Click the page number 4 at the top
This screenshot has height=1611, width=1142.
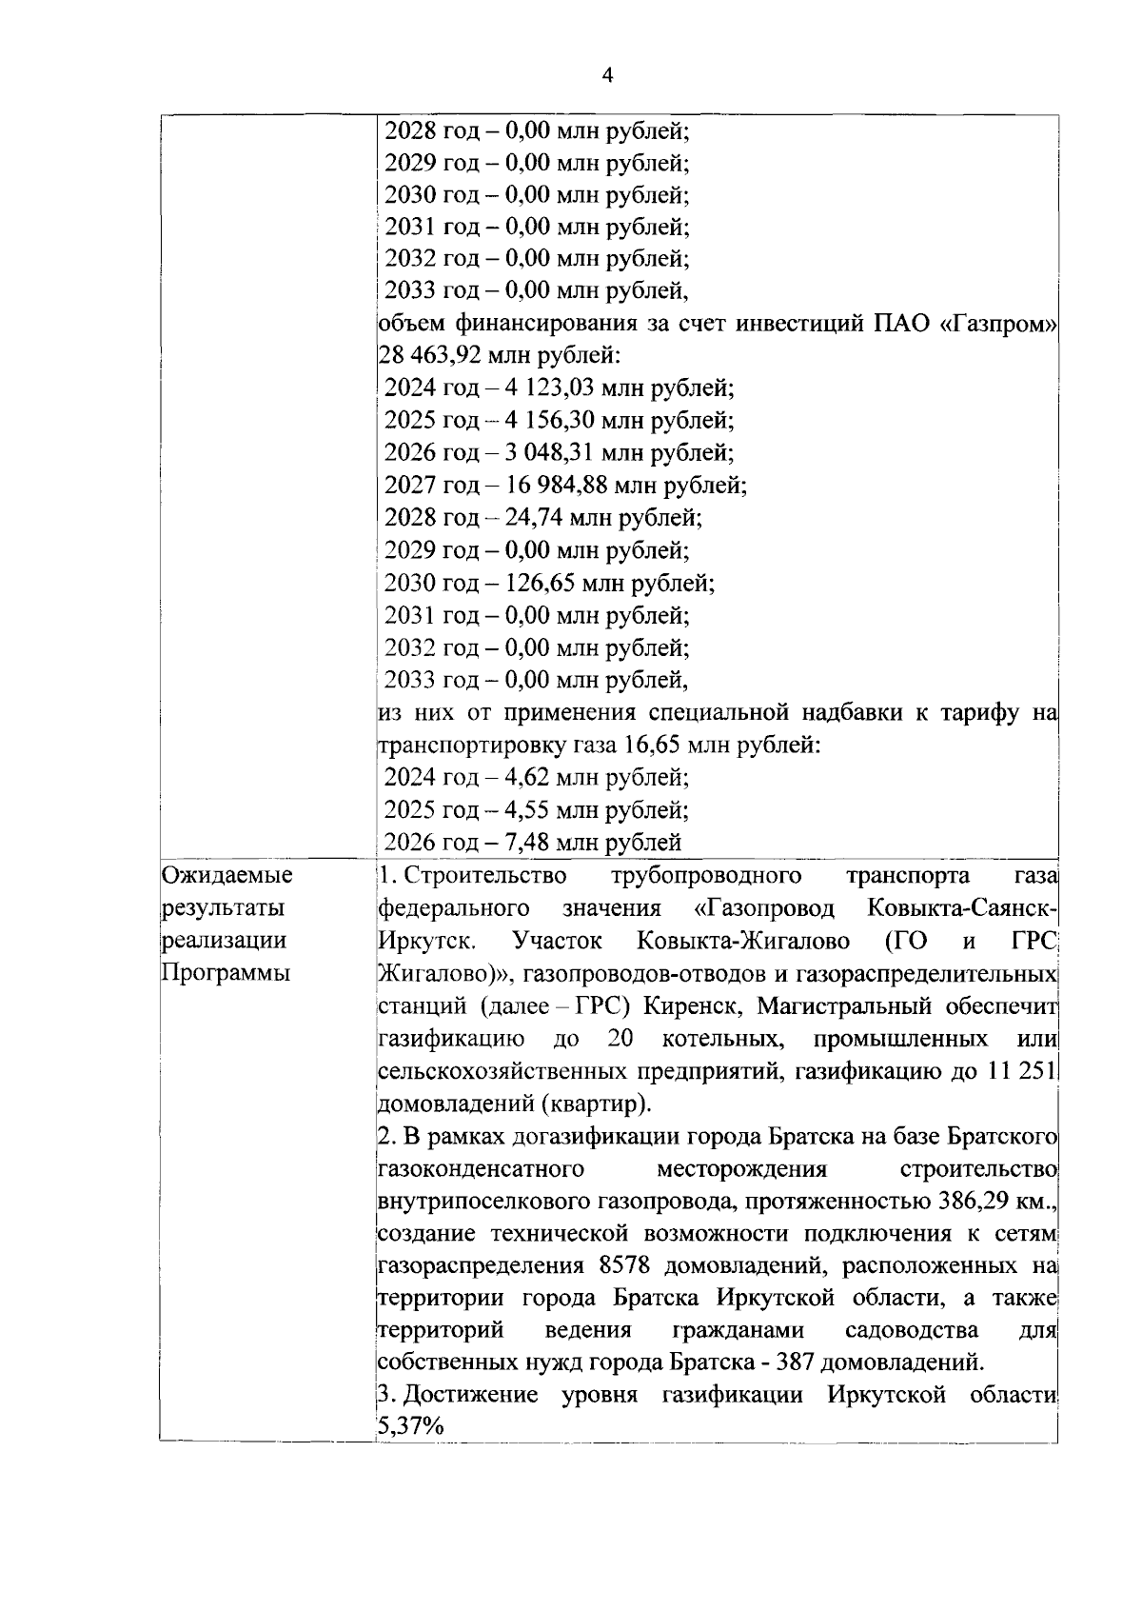[x=608, y=76]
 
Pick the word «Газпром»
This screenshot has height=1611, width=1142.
[x=998, y=324]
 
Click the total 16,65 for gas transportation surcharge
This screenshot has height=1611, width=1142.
[x=654, y=745]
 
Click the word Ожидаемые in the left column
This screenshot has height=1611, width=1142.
[x=226, y=875]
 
